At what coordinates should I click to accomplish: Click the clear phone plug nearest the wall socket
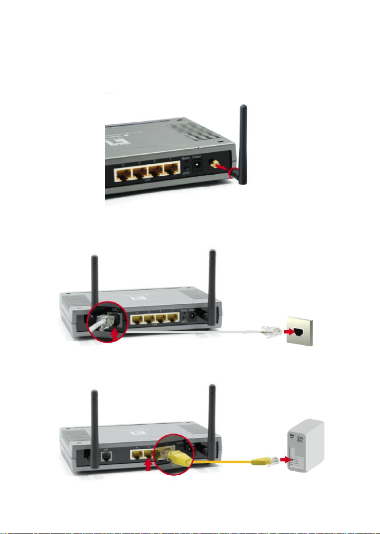point(270,330)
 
